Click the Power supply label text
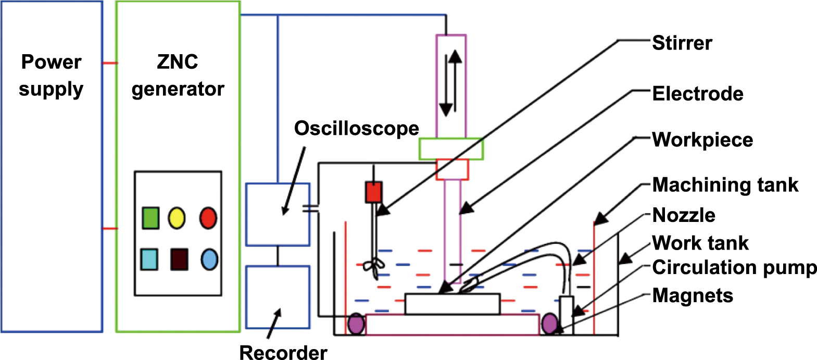pos(51,76)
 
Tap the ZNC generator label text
pos(178,76)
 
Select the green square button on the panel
pos(150,218)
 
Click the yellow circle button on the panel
pos(177,218)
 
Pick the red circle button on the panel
pos(208,218)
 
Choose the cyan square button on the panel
pos(149,259)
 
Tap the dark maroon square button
pos(179,259)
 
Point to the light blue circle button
pos(209,259)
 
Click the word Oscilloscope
pos(356,128)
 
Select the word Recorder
pos(283,352)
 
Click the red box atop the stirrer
pos(373,192)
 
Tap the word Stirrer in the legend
pos(682,43)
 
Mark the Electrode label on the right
pos(698,94)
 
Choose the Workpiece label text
pos(702,140)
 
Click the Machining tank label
pos(725,184)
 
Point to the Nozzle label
pos(684,215)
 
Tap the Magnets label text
pos(693,295)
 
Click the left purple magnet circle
pos(357,324)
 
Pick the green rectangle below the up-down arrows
pos(451,149)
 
